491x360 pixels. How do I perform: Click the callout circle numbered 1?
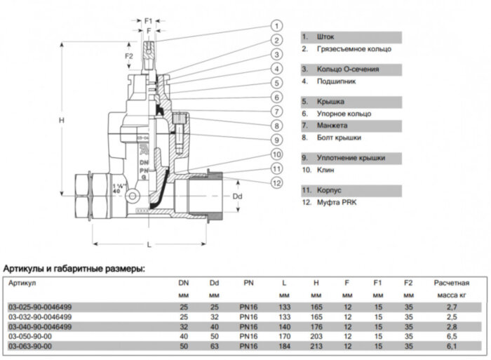click(x=277, y=27)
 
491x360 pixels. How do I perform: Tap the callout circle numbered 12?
click(x=277, y=183)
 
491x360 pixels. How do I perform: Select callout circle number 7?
click(x=277, y=112)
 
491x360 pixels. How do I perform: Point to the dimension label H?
click(x=62, y=120)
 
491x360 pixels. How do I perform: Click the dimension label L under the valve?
click(x=149, y=244)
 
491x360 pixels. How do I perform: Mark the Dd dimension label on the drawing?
click(x=237, y=196)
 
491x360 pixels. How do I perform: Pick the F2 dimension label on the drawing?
click(x=128, y=55)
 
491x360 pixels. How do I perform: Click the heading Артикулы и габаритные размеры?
click(x=74, y=268)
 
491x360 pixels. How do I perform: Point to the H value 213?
click(x=316, y=347)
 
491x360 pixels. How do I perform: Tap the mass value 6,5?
click(x=450, y=337)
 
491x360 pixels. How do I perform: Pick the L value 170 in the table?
click(x=283, y=337)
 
